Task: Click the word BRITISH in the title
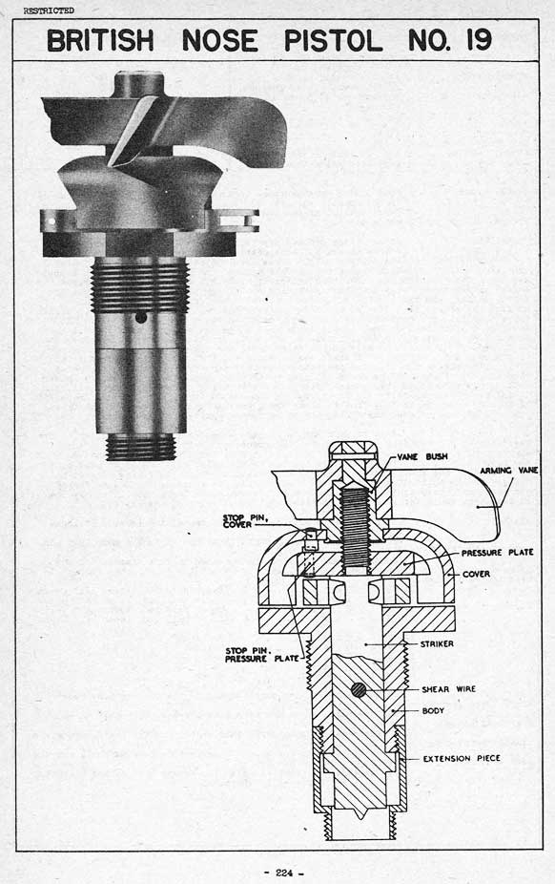tap(100, 41)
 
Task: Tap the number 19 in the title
tap(479, 40)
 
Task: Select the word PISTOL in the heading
tap(333, 41)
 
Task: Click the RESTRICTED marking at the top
tap(49, 11)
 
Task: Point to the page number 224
tap(284, 873)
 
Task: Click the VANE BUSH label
tap(422, 456)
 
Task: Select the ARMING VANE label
tap(509, 471)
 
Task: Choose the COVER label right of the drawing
tap(476, 574)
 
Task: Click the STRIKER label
tap(437, 643)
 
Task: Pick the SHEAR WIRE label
tap(448, 689)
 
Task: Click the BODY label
tap(434, 711)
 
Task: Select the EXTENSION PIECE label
tap(462, 758)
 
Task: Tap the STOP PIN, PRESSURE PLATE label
tap(262, 655)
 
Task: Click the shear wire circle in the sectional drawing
tap(358, 689)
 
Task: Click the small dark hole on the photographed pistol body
tap(141, 317)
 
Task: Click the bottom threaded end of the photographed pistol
tap(141, 447)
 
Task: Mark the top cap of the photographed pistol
tap(139, 84)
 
